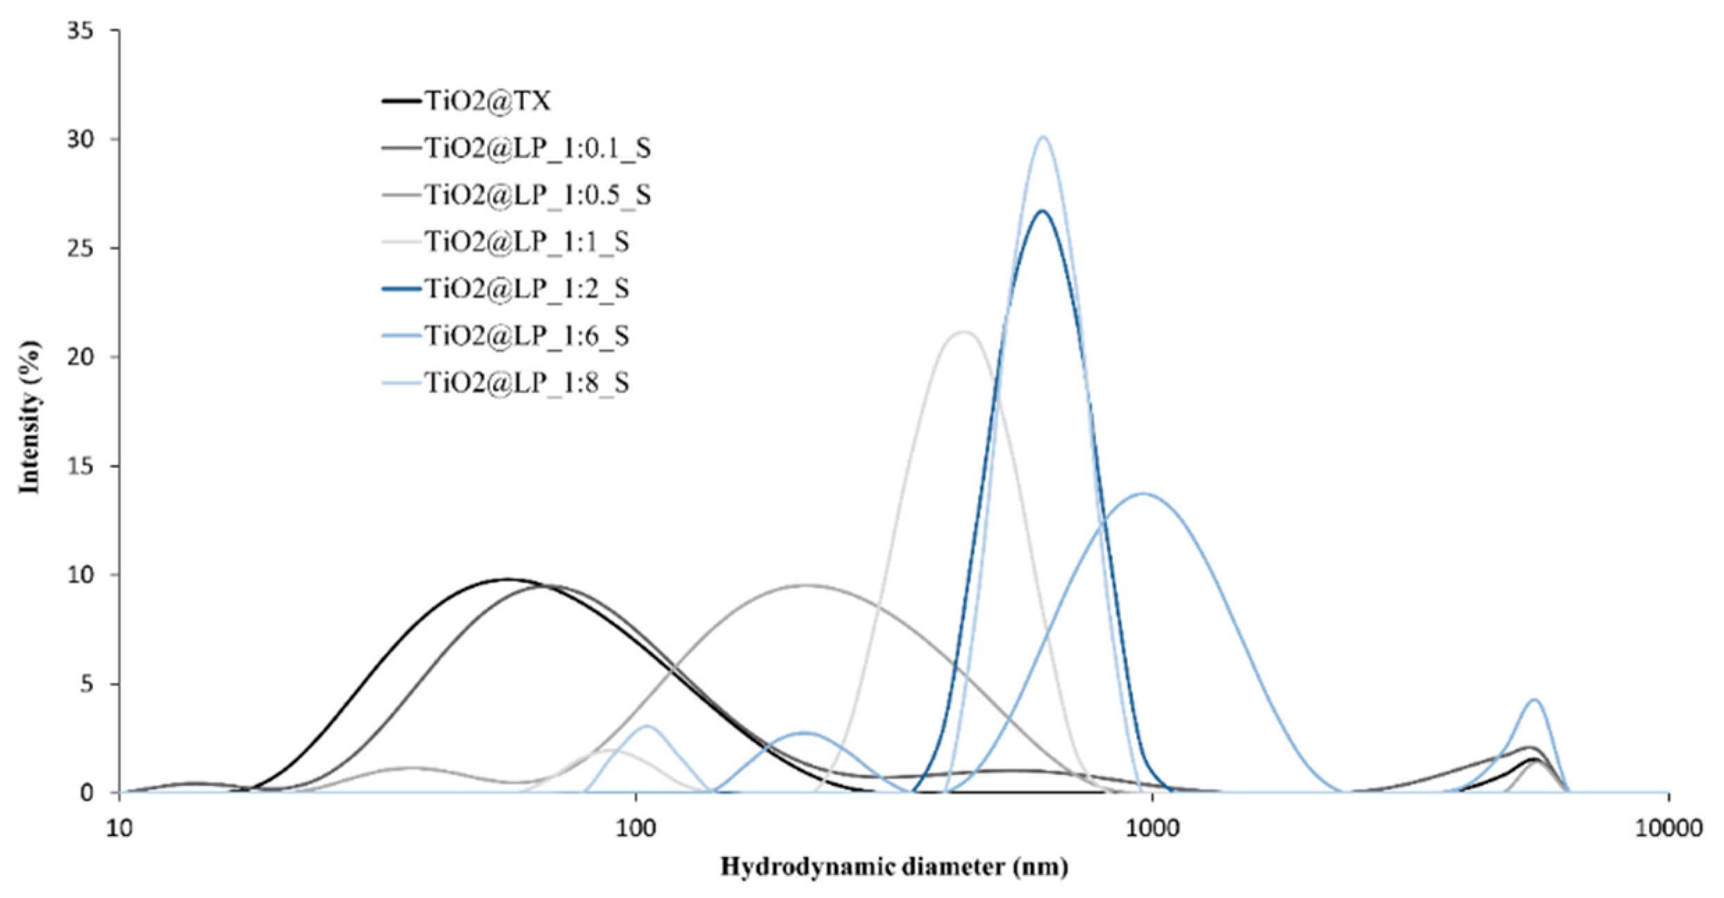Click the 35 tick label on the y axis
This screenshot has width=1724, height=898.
coord(81,31)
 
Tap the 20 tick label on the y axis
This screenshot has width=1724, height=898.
coord(81,358)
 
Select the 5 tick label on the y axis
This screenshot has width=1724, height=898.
coord(87,685)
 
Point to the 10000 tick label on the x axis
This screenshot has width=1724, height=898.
coord(1668,829)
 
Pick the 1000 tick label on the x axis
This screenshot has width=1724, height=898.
coord(1152,829)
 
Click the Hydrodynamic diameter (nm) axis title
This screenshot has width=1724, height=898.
coord(894,867)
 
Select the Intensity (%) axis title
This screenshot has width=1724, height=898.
coord(30,417)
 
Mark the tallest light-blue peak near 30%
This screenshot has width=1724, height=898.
coord(1043,137)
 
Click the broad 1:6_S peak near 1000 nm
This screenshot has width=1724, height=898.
coord(1143,494)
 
